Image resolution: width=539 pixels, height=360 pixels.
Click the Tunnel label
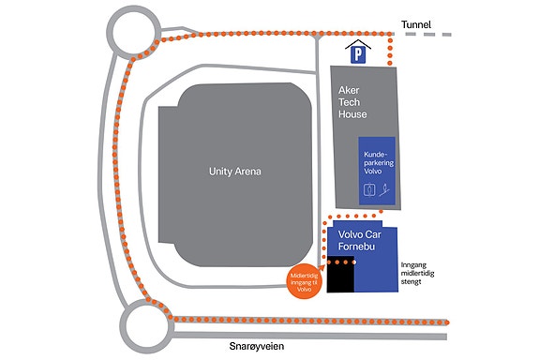point(416,24)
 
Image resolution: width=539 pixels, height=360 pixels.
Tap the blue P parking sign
point(358,55)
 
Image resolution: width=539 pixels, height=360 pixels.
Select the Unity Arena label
point(235,172)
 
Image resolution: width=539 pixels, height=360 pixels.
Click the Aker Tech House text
point(352,102)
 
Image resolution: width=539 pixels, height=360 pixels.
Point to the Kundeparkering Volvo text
point(379,162)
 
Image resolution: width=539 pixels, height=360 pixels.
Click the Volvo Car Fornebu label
point(360,240)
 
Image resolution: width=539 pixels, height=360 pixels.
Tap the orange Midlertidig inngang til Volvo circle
point(305,282)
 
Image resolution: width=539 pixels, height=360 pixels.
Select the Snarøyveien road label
point(257,346)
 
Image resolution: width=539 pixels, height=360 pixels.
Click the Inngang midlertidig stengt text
point(417,274)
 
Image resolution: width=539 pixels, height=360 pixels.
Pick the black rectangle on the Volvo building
point(340,275)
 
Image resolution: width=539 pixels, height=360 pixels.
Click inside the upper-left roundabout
point(133,31)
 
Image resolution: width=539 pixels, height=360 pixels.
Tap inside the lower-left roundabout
point(146,326)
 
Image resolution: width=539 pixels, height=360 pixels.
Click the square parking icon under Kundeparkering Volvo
point(368,189)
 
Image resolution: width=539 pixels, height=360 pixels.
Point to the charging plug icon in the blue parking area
point(385,189)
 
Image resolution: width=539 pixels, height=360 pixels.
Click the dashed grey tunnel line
point(428,35)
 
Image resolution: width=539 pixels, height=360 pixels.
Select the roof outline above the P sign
point(358,44)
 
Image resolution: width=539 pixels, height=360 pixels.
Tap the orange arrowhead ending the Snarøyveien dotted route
point(447,322)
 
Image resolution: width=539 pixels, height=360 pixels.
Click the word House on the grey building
point(352,114)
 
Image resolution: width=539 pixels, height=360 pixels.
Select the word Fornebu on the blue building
point(356,247)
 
